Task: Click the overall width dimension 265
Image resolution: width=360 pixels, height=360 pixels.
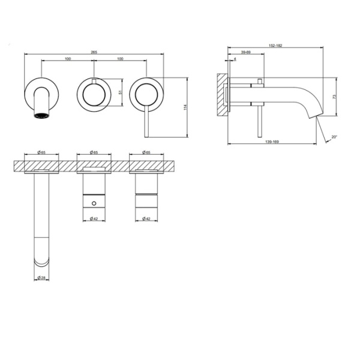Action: [94, 52]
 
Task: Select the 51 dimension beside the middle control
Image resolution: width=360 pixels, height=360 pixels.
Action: [123, 92]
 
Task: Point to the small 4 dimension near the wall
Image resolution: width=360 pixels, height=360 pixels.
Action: [234, 59]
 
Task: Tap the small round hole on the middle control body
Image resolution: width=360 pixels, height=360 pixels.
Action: [94, 204]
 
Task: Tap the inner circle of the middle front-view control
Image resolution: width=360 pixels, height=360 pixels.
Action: [94, 95]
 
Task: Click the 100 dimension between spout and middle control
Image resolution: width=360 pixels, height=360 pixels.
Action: [67, 59]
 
